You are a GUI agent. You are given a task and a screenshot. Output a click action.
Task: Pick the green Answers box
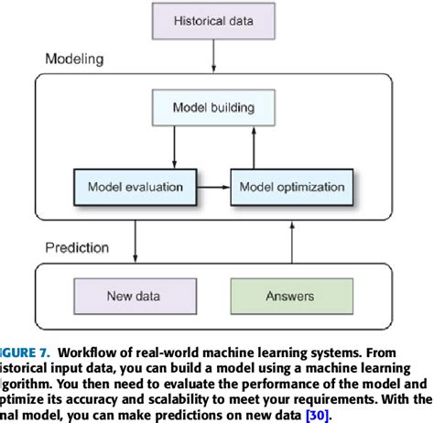pos(290,296)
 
